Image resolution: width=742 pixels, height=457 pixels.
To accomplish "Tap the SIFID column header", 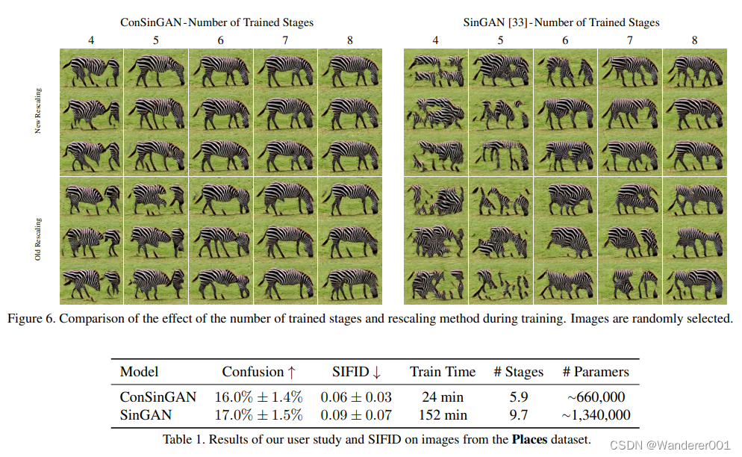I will (x=356, y=372).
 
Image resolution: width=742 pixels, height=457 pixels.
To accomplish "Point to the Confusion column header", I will (x=258, y=372).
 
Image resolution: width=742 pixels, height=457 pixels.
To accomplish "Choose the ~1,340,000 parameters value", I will (x=596, y=415).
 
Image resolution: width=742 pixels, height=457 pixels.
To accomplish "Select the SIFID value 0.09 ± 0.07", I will (x=356, y=415).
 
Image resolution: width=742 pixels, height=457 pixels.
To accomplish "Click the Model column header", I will (x=140, y=372).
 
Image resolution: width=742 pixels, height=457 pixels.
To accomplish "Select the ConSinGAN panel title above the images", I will (x=216, y=22).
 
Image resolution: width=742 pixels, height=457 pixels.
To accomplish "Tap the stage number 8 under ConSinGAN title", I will (x=350, y=40).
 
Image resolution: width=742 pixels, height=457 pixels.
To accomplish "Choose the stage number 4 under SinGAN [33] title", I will (x=436, y=40).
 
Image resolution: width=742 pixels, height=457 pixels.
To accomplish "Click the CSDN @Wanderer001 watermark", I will (x=670, y=445).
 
